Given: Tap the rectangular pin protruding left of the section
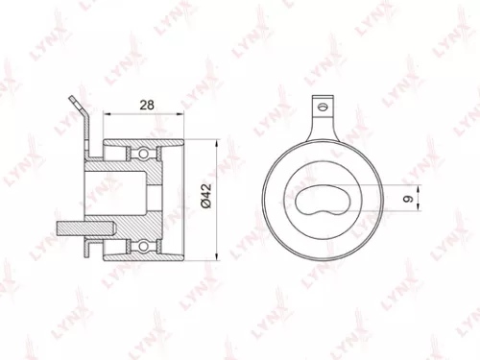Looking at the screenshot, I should (74, 230).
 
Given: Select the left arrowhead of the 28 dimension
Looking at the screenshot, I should (105, 112).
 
